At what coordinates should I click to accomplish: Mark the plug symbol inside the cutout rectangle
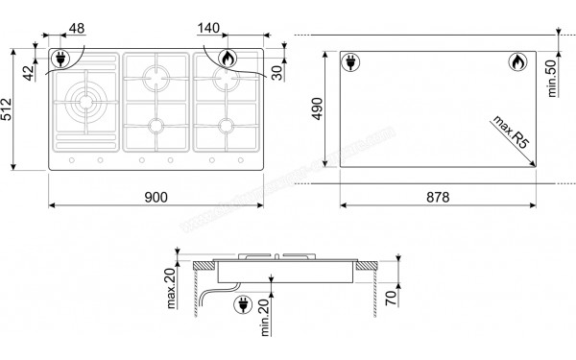tap(351, 64)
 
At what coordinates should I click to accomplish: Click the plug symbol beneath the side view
tap(241, 306)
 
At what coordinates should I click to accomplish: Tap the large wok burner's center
tap(84, 100)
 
